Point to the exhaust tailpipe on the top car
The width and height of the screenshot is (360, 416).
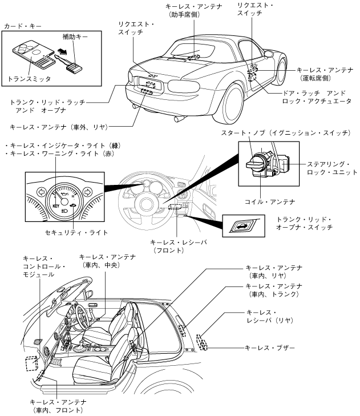178,119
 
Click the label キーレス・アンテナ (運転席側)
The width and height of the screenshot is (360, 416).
322,72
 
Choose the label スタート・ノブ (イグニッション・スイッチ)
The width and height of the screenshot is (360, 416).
285,133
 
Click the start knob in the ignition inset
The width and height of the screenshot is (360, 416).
256,163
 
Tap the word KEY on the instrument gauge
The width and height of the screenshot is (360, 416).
56,203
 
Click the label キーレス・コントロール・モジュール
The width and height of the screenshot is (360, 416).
46,266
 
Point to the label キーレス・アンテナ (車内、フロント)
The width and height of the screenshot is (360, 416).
59,406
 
